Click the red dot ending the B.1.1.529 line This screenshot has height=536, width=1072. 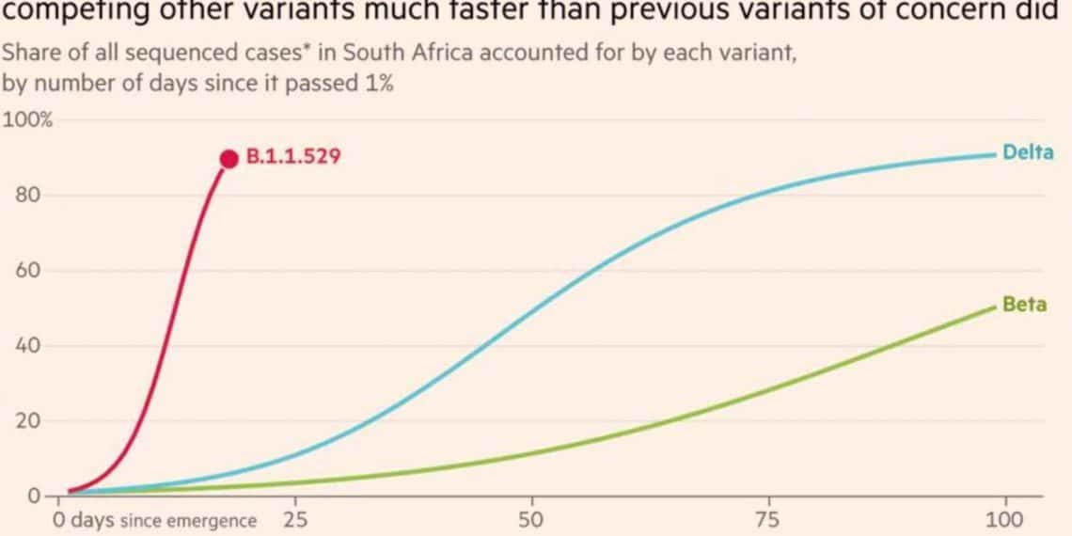click(x=229, y=159)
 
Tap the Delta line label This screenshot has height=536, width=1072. click(x=1028, y=152)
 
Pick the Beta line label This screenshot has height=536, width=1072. click(x=1024, y=305)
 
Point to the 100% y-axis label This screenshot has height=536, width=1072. click(x=28, y=121)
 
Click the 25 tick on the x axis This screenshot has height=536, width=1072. click(x=295, y=520)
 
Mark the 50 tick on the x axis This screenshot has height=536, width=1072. click(x=532, y=520)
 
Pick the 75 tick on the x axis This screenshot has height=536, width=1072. click(x=768, y=520)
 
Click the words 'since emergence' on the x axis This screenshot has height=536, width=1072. click(x=188, y=521)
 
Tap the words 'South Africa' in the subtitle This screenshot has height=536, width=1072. click(x=426, y=54)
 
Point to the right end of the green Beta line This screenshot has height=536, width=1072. click(x=995, y=307)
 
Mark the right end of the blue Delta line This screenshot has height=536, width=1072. click(x=995, y=154)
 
